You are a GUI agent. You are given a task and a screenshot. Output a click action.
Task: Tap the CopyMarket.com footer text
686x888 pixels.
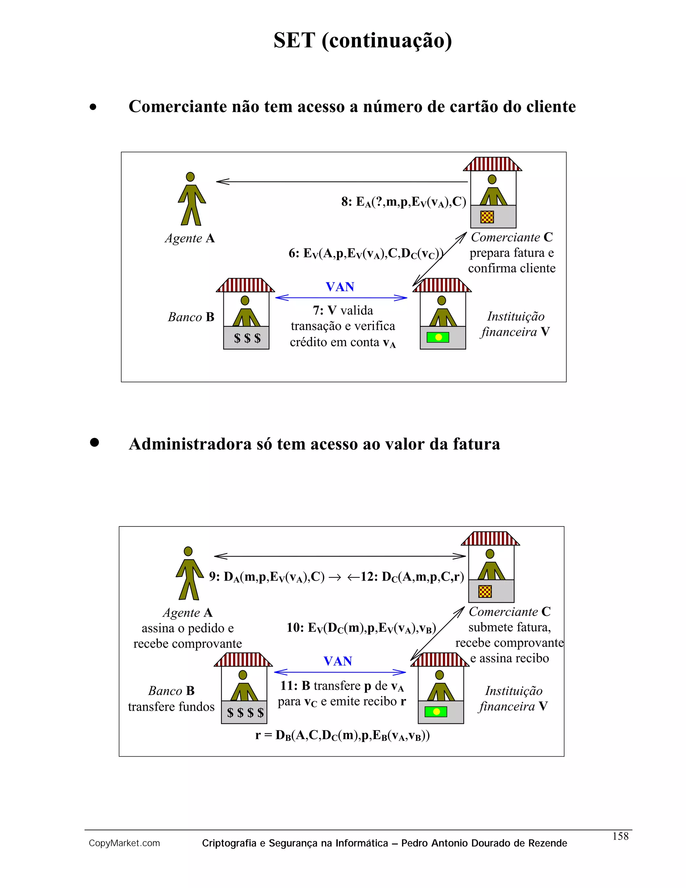tap(124, 843)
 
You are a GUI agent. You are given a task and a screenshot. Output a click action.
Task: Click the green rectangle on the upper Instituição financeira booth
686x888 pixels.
tap(438, 337)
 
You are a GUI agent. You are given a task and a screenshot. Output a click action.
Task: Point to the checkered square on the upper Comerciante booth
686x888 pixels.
tap(487, 217)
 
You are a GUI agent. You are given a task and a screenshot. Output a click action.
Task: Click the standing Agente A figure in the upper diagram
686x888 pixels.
tap(191, 199)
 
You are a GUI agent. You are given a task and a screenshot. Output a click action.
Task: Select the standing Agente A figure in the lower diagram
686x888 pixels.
tap(189, 574)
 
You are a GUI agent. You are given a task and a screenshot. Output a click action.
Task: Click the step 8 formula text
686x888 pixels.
tap(404, 202)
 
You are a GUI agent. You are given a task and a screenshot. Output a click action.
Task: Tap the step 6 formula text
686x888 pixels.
tap(366, 254)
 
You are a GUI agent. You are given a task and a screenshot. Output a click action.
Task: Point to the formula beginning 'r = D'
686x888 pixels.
tap(343, 736)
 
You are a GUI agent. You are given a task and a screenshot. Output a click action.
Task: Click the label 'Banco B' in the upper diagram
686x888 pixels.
tap(191, 317)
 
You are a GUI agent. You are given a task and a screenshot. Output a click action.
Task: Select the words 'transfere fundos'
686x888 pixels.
tap(171, 707)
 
